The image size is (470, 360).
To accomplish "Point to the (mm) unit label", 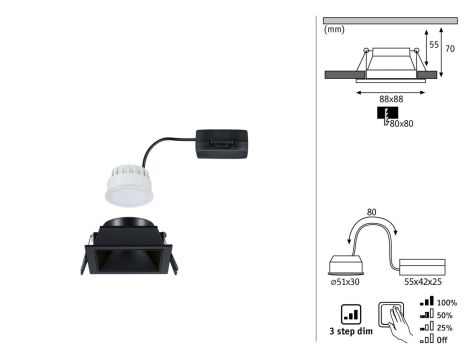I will click(x=335, y=29).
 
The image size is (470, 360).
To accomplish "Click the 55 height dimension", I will click(x=433, y=46).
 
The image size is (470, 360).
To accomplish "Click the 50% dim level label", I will click(x=443, y=315).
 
